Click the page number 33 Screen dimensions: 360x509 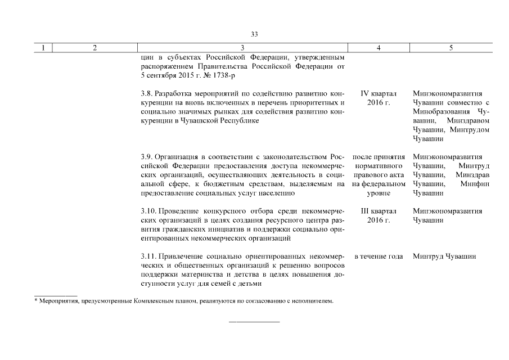tap(254, 34)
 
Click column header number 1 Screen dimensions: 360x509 tap(43, 48)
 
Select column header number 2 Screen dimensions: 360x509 tap(94, 48)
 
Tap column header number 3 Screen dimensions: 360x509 tap(242, 48)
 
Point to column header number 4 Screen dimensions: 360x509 tap(378, 48)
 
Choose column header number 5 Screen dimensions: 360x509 tap(451, 48)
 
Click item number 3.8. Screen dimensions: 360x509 tap(146, 93)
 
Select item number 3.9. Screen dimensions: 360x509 tap(146, 156)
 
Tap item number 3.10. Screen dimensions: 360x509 tap(147, 211)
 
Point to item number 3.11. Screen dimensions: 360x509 tap(147, 256)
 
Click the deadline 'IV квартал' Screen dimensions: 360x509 tap(379, 93)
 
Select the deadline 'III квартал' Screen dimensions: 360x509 tap(379, 211)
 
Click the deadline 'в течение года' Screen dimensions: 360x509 tap(379, 256)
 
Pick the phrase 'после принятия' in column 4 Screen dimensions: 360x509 tap(379, 156)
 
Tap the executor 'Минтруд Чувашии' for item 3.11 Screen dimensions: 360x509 tap(444, 256)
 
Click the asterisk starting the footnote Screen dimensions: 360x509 tap(35, 301)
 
